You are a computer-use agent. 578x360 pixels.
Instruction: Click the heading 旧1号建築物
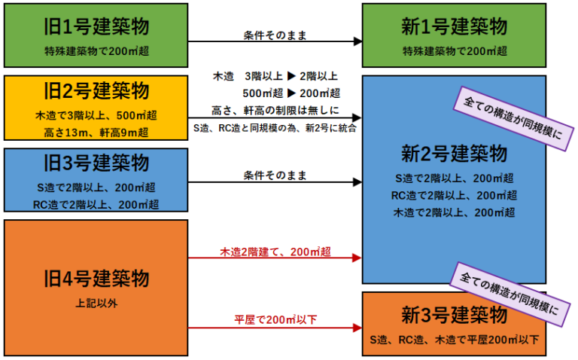click(96, 26)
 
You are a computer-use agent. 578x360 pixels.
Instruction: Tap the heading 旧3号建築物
click(96, 163)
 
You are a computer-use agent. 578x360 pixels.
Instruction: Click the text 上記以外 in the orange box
click(96, 304)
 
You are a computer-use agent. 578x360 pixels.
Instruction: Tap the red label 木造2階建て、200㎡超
click(275, 251)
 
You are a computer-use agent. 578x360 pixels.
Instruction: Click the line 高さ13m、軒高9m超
click(96, 133)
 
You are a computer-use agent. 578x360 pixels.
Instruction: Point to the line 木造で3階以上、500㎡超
click(96, 115)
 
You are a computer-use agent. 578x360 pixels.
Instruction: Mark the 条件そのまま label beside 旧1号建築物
click(275, 35)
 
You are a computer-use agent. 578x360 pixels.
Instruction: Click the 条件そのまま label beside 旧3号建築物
click(275, 175)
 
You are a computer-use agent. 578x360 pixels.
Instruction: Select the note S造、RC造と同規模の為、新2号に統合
click(275, 127)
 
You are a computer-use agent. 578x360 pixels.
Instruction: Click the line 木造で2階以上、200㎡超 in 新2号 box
click(454, 212)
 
